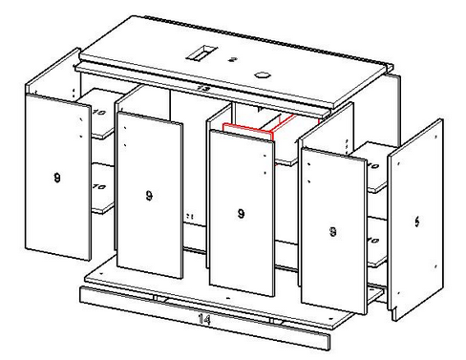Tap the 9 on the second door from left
coord(149,196)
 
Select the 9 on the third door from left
coord(239,213)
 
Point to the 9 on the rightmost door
coord(331,230)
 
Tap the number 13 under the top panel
coord(202,87)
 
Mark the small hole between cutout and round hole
coord(233,59)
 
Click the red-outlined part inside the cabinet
coord(253,128)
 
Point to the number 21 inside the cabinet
coord(190,217)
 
